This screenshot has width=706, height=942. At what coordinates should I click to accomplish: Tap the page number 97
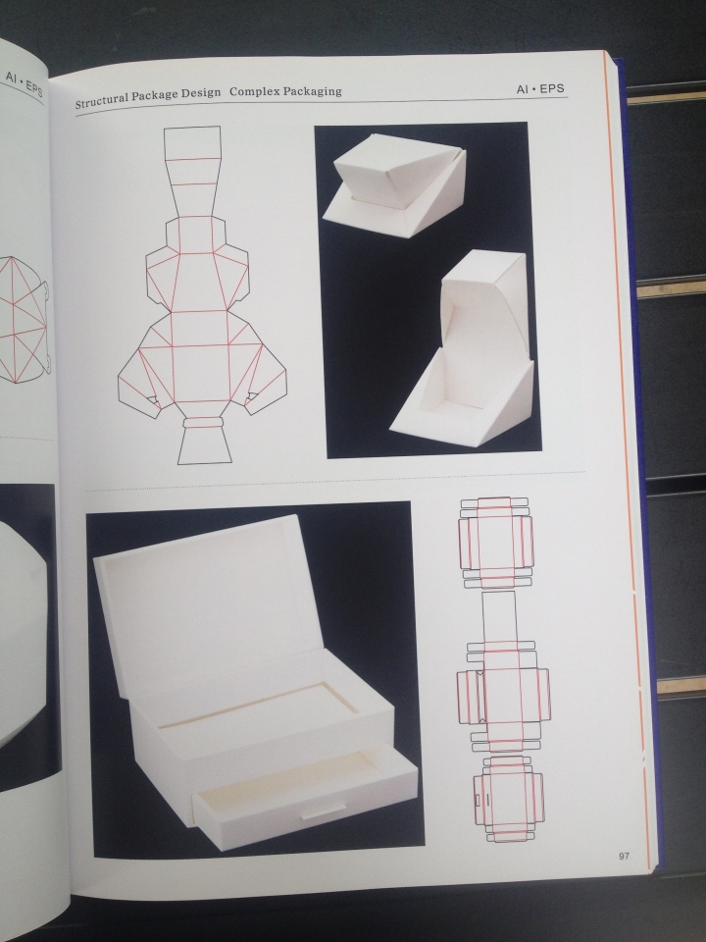coord(625,856)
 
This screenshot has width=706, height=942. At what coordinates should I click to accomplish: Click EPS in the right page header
coord(552,88)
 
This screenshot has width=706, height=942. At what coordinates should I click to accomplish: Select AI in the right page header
coord(522,89)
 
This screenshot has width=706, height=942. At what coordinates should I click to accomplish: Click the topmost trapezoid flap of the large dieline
coord(192,143)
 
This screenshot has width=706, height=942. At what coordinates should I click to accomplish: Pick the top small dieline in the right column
coord(496,543)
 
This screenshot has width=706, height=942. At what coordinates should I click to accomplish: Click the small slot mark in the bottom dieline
coord(478,800)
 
